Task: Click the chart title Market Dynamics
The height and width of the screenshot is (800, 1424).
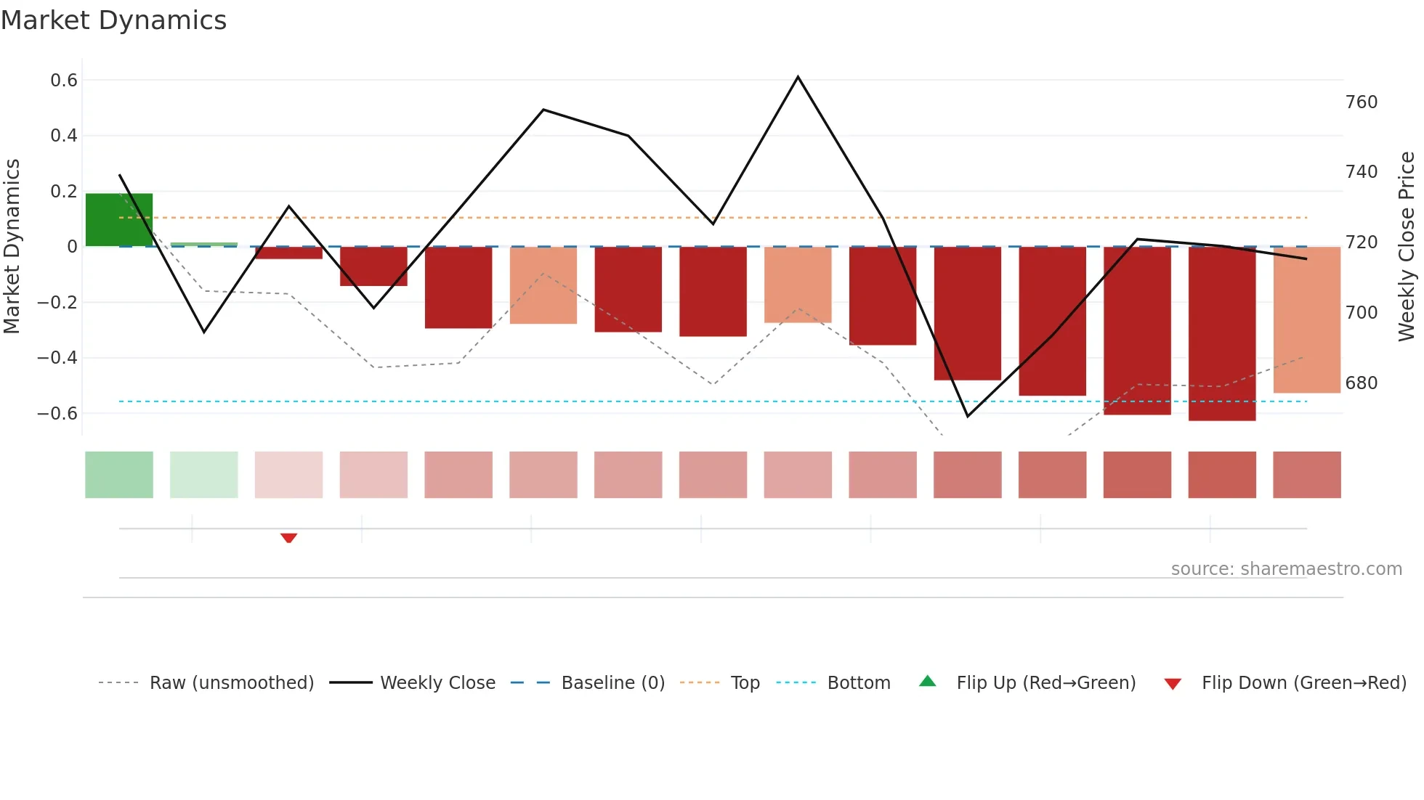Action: pos(113,20)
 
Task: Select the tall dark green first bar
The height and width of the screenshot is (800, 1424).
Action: pos(119,219)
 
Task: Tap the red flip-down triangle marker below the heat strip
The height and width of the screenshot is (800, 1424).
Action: pos(288,538)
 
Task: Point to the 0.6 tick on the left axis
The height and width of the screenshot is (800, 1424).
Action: pos(64,80)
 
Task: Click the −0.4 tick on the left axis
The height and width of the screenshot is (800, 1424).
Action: pos(57,357)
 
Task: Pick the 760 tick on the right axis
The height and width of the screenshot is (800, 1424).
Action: pos(1361,102)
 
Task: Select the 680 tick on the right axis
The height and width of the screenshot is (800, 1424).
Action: pos(1361,383)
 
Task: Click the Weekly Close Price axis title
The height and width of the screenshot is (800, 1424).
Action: pos(1407,246)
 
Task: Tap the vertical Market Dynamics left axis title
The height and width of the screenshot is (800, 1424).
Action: pos(12,246)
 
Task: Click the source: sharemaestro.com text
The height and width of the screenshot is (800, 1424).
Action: pos(1286,568)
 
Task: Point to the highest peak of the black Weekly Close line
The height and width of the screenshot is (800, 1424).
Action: pos(798,77)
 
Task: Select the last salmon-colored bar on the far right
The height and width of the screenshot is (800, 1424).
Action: pos(1306,319)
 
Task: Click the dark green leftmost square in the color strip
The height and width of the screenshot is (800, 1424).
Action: pos(119,475)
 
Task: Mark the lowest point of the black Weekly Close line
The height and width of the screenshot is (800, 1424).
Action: pos(968,416)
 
